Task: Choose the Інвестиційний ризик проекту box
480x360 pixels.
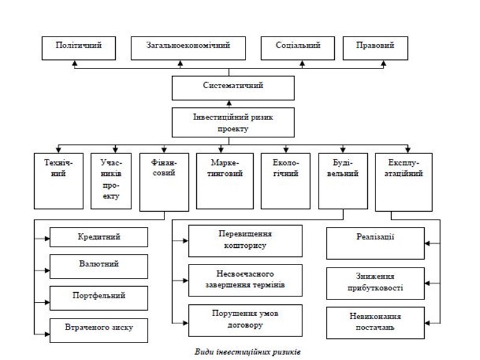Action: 233,122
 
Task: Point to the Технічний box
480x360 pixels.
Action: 59,179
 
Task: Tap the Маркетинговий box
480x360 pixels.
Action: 225,179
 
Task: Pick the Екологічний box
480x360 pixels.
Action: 285,179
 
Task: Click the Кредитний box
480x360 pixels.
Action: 99,237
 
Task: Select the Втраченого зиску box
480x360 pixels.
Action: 99,328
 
